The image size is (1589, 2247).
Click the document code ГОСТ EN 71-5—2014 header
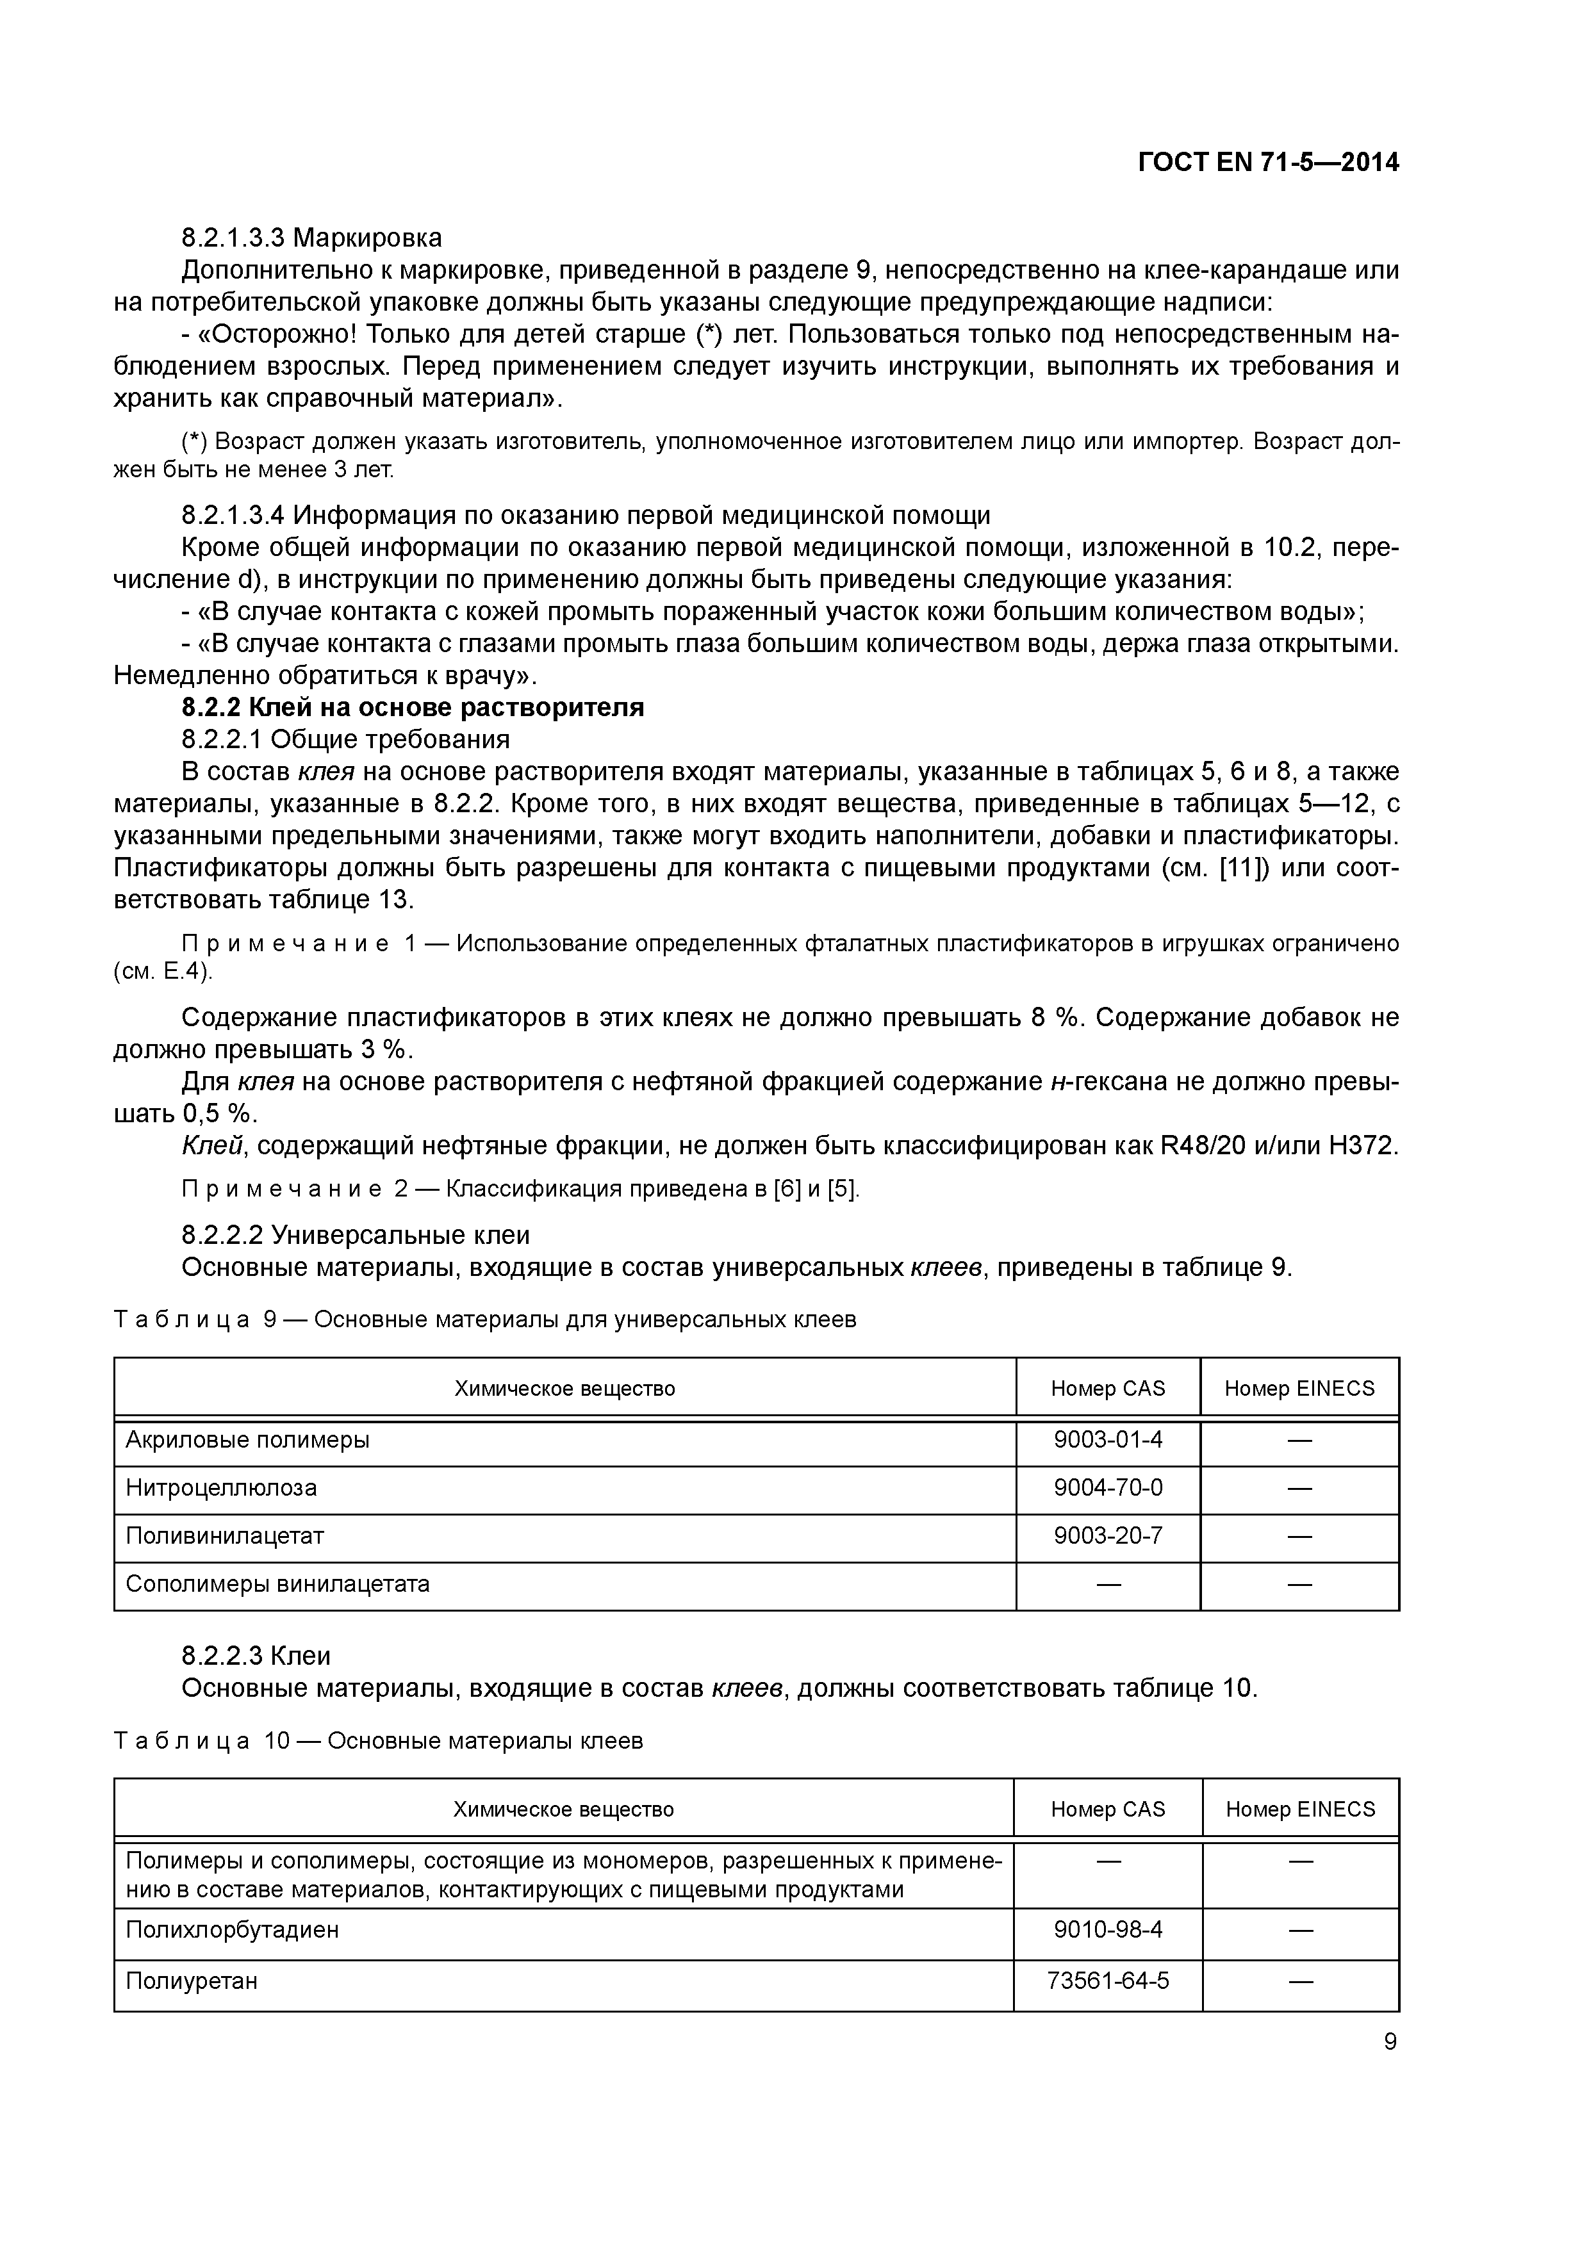pos(1268,163)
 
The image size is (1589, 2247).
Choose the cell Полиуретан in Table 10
pos(192,1981)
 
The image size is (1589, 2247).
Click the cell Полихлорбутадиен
pos(232,1930)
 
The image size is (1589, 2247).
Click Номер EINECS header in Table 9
pos(1299,1388)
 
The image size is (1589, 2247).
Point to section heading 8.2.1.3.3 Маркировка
pos(311,238)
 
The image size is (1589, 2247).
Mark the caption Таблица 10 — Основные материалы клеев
pos(378,1741)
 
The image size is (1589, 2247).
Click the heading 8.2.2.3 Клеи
pos(256,1656)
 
